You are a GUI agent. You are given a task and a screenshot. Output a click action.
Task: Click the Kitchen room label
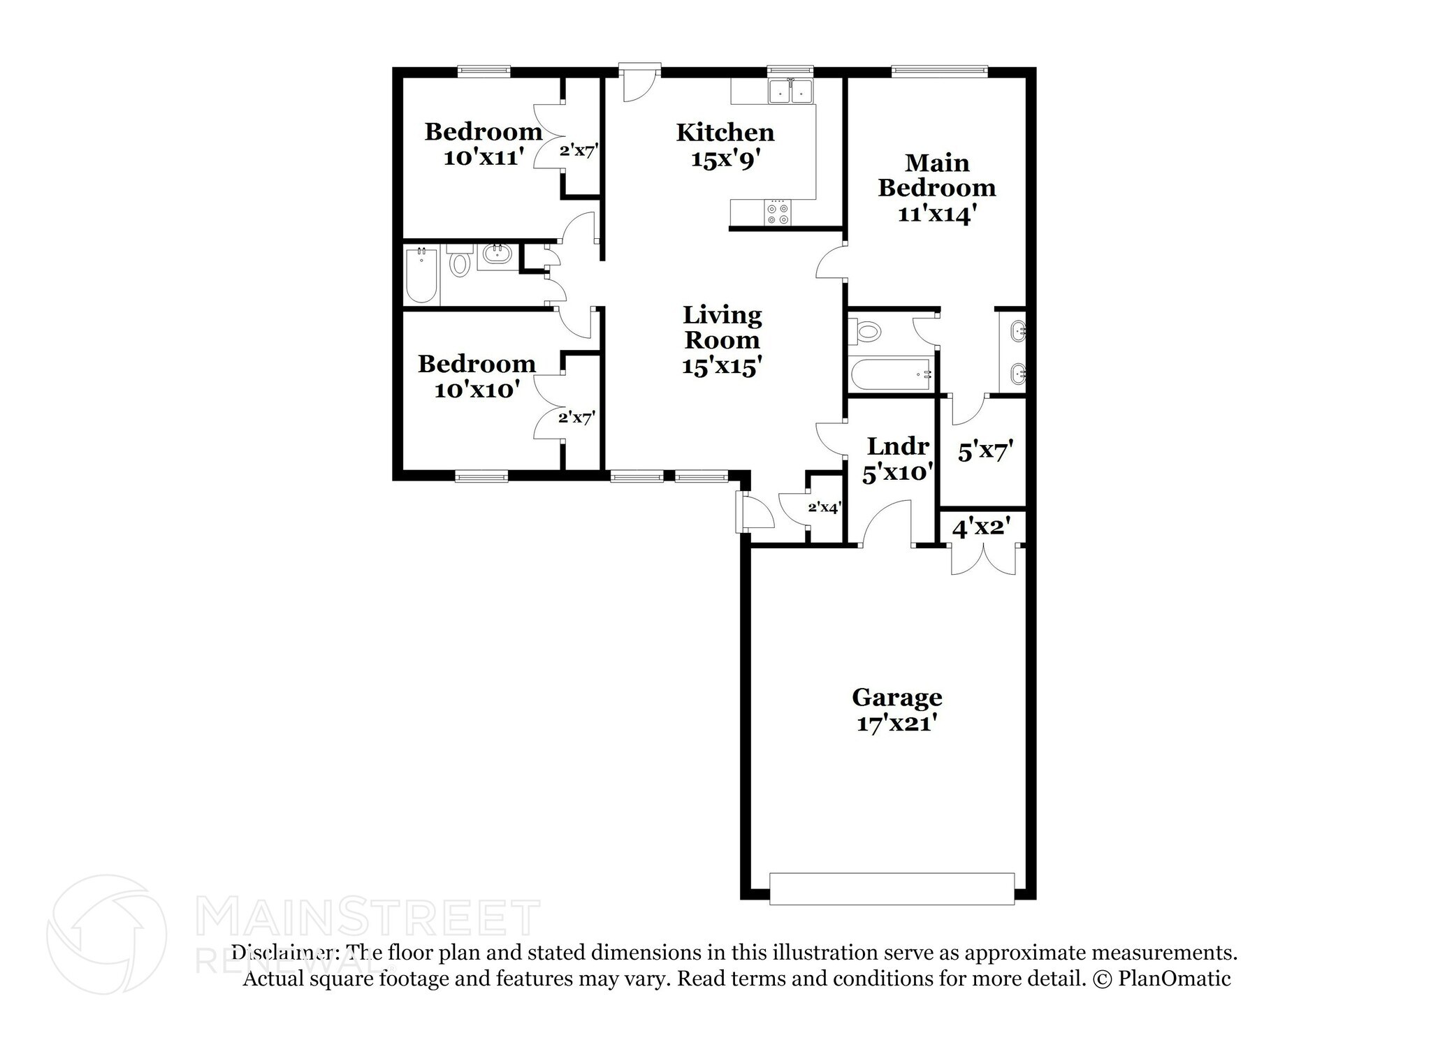[725, 132]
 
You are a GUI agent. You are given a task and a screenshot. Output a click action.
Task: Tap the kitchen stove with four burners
[777, 213]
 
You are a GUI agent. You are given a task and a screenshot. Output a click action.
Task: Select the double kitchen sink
[791, 91]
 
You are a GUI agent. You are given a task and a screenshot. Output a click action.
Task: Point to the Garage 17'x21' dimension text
[896, 724]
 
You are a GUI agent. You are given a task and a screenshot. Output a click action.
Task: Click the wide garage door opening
[892, 888]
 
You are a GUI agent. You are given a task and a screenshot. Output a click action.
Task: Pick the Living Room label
[722, 328]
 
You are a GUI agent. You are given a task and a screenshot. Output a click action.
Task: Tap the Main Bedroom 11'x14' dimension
[936, 214]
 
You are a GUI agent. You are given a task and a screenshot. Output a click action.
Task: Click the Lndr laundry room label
[898, 446]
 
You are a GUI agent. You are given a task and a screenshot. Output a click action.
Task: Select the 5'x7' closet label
[985, 452]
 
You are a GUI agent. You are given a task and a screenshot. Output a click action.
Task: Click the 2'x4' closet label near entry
[823, 508]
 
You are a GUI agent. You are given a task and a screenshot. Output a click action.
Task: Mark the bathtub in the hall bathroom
[421, 275]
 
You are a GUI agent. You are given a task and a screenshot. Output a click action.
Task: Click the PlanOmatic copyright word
[1174, 979]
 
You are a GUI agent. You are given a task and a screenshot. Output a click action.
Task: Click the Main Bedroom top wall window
[940, 70]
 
